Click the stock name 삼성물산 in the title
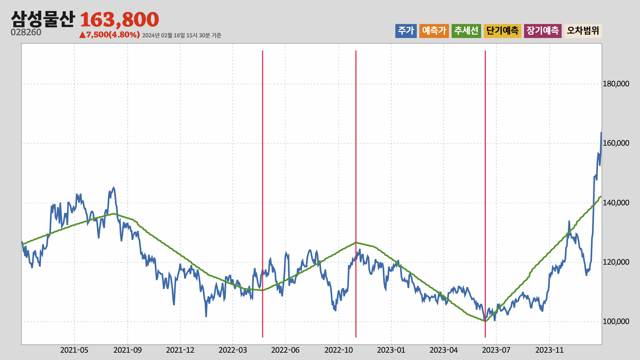click(x=43, y=19)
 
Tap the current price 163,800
click(x=119, y=19)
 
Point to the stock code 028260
click(x=26, y=32)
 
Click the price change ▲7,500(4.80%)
click(x=109, y=35)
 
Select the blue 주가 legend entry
click(x=406, y=31)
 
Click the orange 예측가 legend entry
click(x=434, y=31)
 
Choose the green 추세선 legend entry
click(x=466, y=31)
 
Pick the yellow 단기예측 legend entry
click(x=502, y=31)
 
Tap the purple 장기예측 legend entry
click(x=543, y=31)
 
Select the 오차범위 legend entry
click(x=583, y=31)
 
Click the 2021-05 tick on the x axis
click(x=74, y=350)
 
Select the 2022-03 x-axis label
click(x=233, y=350)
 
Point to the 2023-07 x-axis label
click(x=496, y=350)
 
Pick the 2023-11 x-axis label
click(x=549, y=350)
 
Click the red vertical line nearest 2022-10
click(x=356, y=194)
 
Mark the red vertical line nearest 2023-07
click(x=485, y=194)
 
